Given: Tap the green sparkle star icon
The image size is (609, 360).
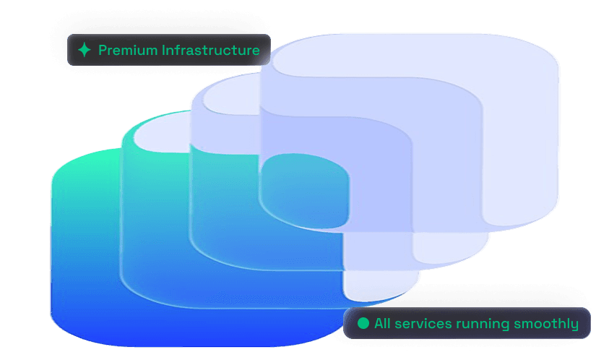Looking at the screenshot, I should [85, 50].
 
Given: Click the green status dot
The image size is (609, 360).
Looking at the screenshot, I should [363, 322].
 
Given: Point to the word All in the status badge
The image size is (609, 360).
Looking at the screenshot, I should [383, 323].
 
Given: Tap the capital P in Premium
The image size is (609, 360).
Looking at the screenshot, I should [102, 51].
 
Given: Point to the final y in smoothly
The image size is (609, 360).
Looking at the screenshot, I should [574, 325].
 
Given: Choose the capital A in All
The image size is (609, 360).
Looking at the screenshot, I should [379, 323].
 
